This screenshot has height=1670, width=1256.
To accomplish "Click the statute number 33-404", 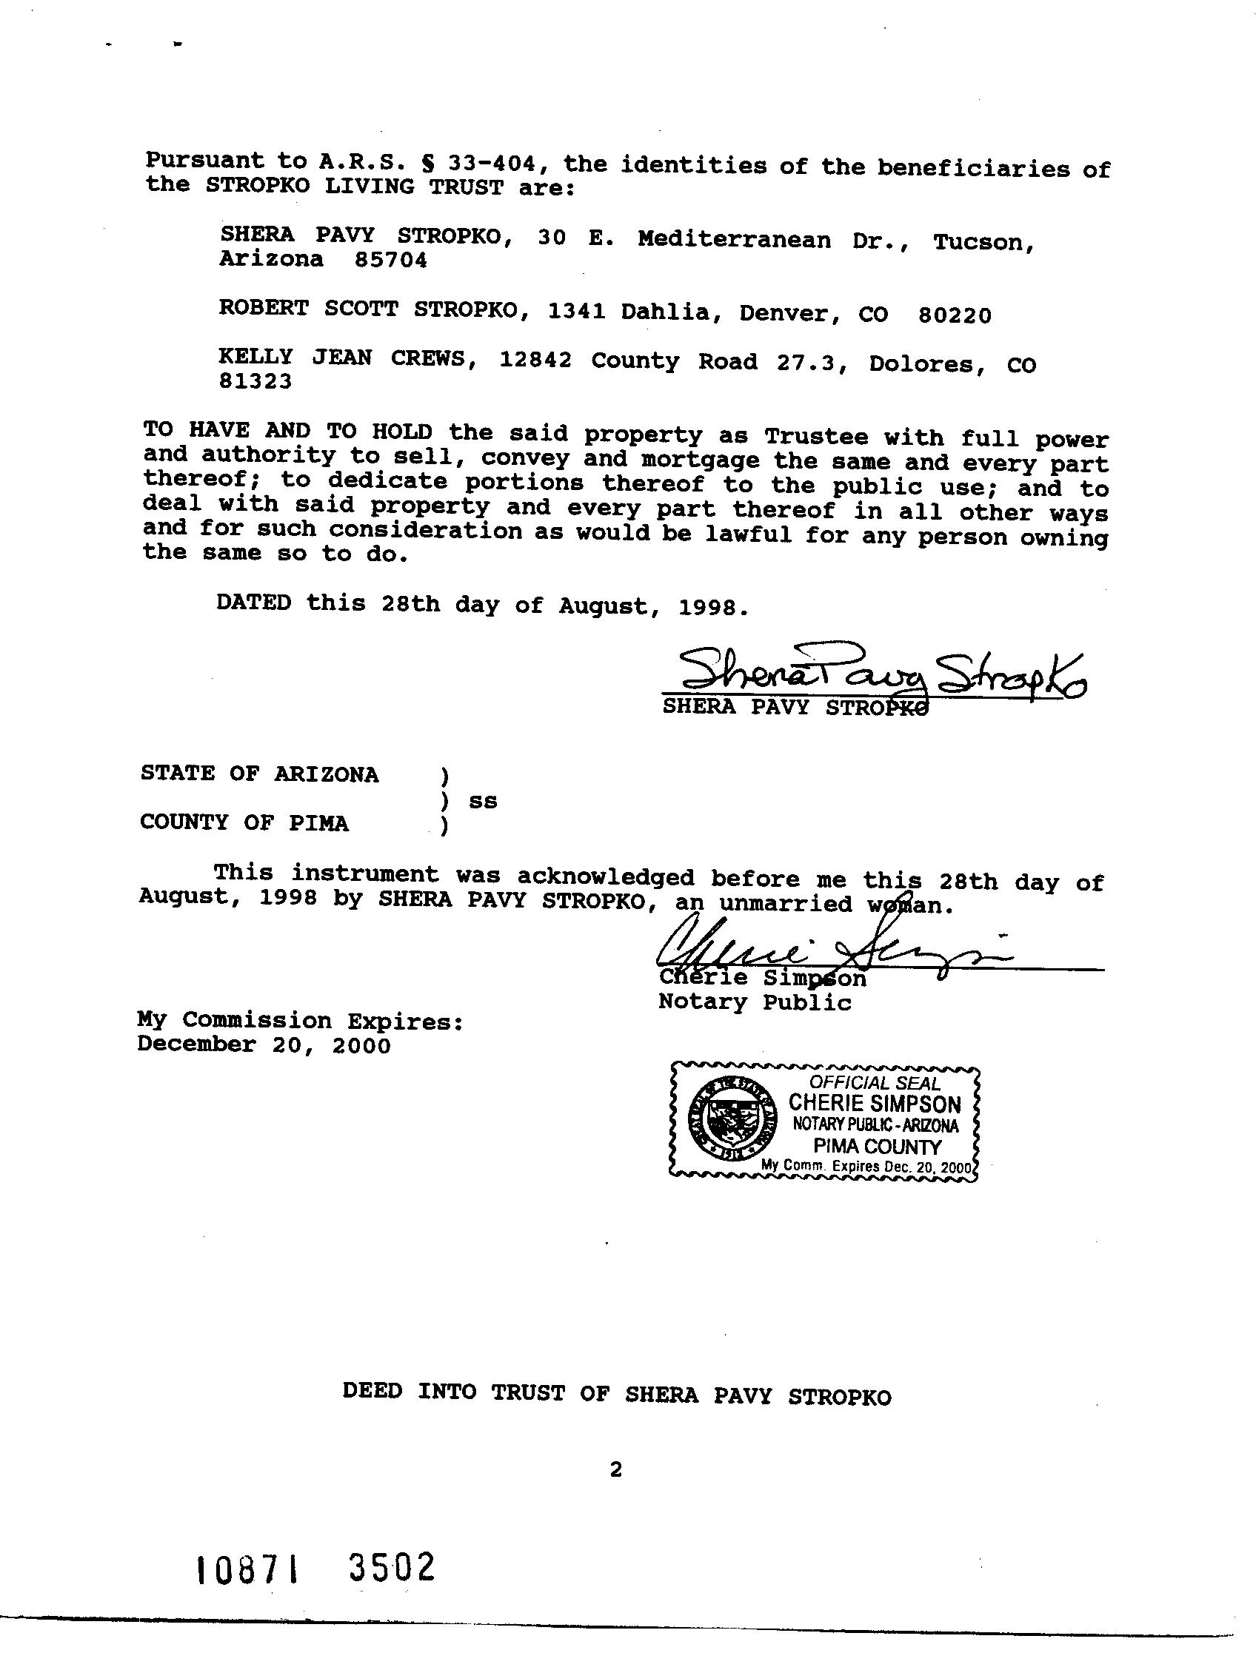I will (x=500, y=163).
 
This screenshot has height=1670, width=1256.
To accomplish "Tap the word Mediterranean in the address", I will (x=733, y=239).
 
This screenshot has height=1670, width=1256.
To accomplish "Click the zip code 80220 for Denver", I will (x=954, y=315).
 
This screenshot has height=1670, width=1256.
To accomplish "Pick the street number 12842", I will (x=535, y=359).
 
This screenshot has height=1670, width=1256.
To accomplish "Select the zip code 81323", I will (x=255, y=382).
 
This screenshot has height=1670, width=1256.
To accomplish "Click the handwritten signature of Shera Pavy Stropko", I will (x=880, y=670).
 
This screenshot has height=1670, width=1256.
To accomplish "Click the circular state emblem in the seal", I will (x=731, y=1119).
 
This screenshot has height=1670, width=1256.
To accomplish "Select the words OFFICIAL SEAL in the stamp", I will (x=875, y=1083).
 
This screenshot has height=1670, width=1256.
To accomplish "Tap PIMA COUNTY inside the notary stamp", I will (x=877, y=1146).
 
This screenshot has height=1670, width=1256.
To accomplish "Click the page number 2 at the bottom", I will (x=615, y=1469).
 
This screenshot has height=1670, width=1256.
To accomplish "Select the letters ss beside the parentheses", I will (x=483, y=801).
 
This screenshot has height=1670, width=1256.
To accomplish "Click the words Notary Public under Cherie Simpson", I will (x=755, y=1002).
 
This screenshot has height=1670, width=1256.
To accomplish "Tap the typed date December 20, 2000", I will (x=264, y=1045).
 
